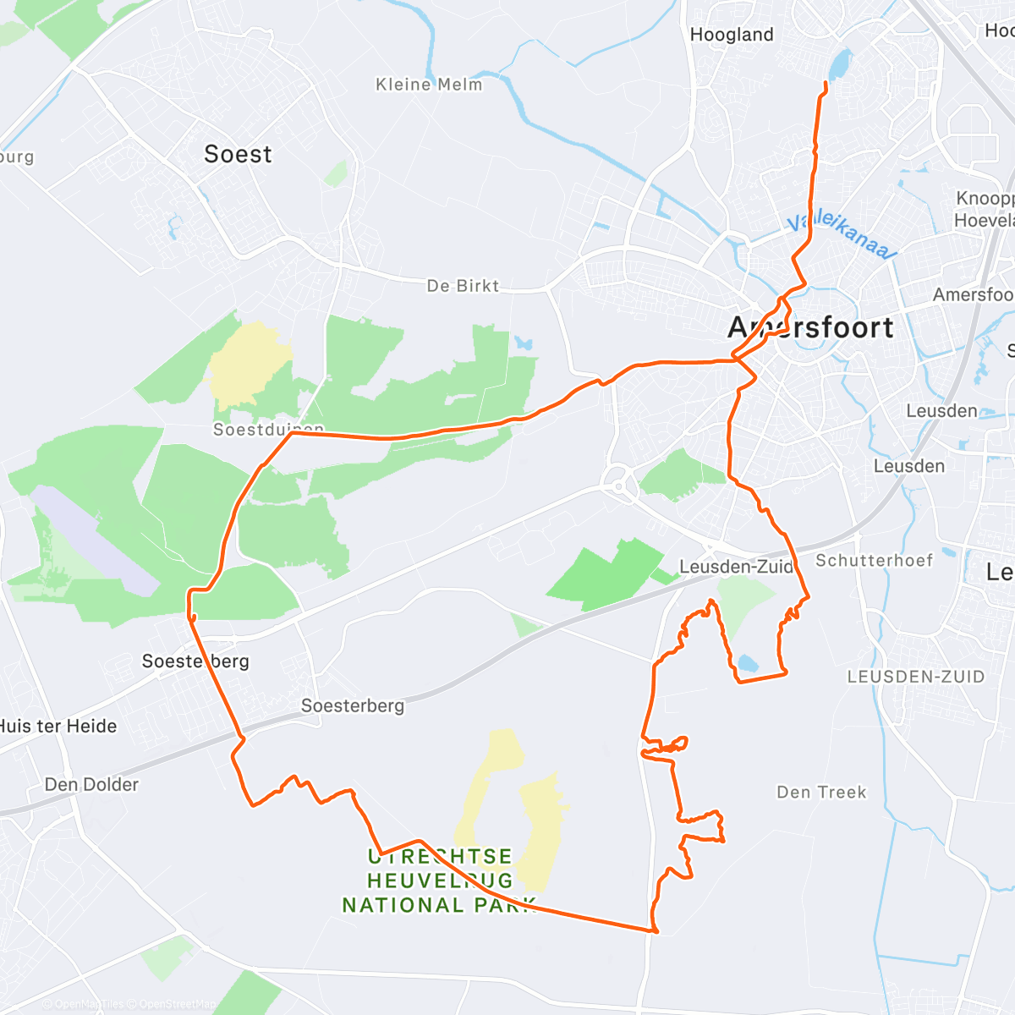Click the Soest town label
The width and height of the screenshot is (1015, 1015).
tap(238, 154)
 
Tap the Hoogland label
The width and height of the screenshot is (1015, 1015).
tap(732, 35)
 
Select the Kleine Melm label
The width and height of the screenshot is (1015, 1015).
tap(429, 85)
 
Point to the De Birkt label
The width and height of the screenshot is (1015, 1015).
tap(463, 286)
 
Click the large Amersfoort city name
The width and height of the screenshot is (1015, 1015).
tap(810, 327)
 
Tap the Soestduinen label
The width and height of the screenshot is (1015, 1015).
tap(267, 430)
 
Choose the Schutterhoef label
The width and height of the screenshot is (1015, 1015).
tap(874, 561)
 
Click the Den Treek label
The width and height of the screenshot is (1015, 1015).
tap(821, 793)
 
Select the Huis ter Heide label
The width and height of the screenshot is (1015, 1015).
tap(58, 726)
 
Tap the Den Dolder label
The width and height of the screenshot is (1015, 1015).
tap(91, 785)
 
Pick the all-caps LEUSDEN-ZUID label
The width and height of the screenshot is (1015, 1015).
tap(916, 677)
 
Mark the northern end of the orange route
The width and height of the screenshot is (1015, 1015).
tap(826, 83)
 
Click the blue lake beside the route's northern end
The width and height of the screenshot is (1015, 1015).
tap(840, 63)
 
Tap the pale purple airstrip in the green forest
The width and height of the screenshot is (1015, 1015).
tap(95, 541)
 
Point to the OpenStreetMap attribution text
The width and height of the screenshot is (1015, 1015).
tap(177, 1005)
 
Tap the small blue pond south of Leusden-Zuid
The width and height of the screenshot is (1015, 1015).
tap(748, 663)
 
